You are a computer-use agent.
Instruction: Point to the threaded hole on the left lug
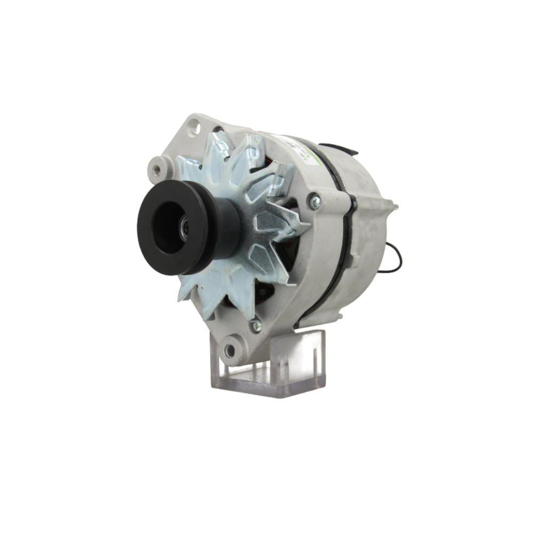156,170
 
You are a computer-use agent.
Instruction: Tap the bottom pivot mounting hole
230,350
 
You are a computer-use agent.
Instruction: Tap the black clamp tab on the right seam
352,202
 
